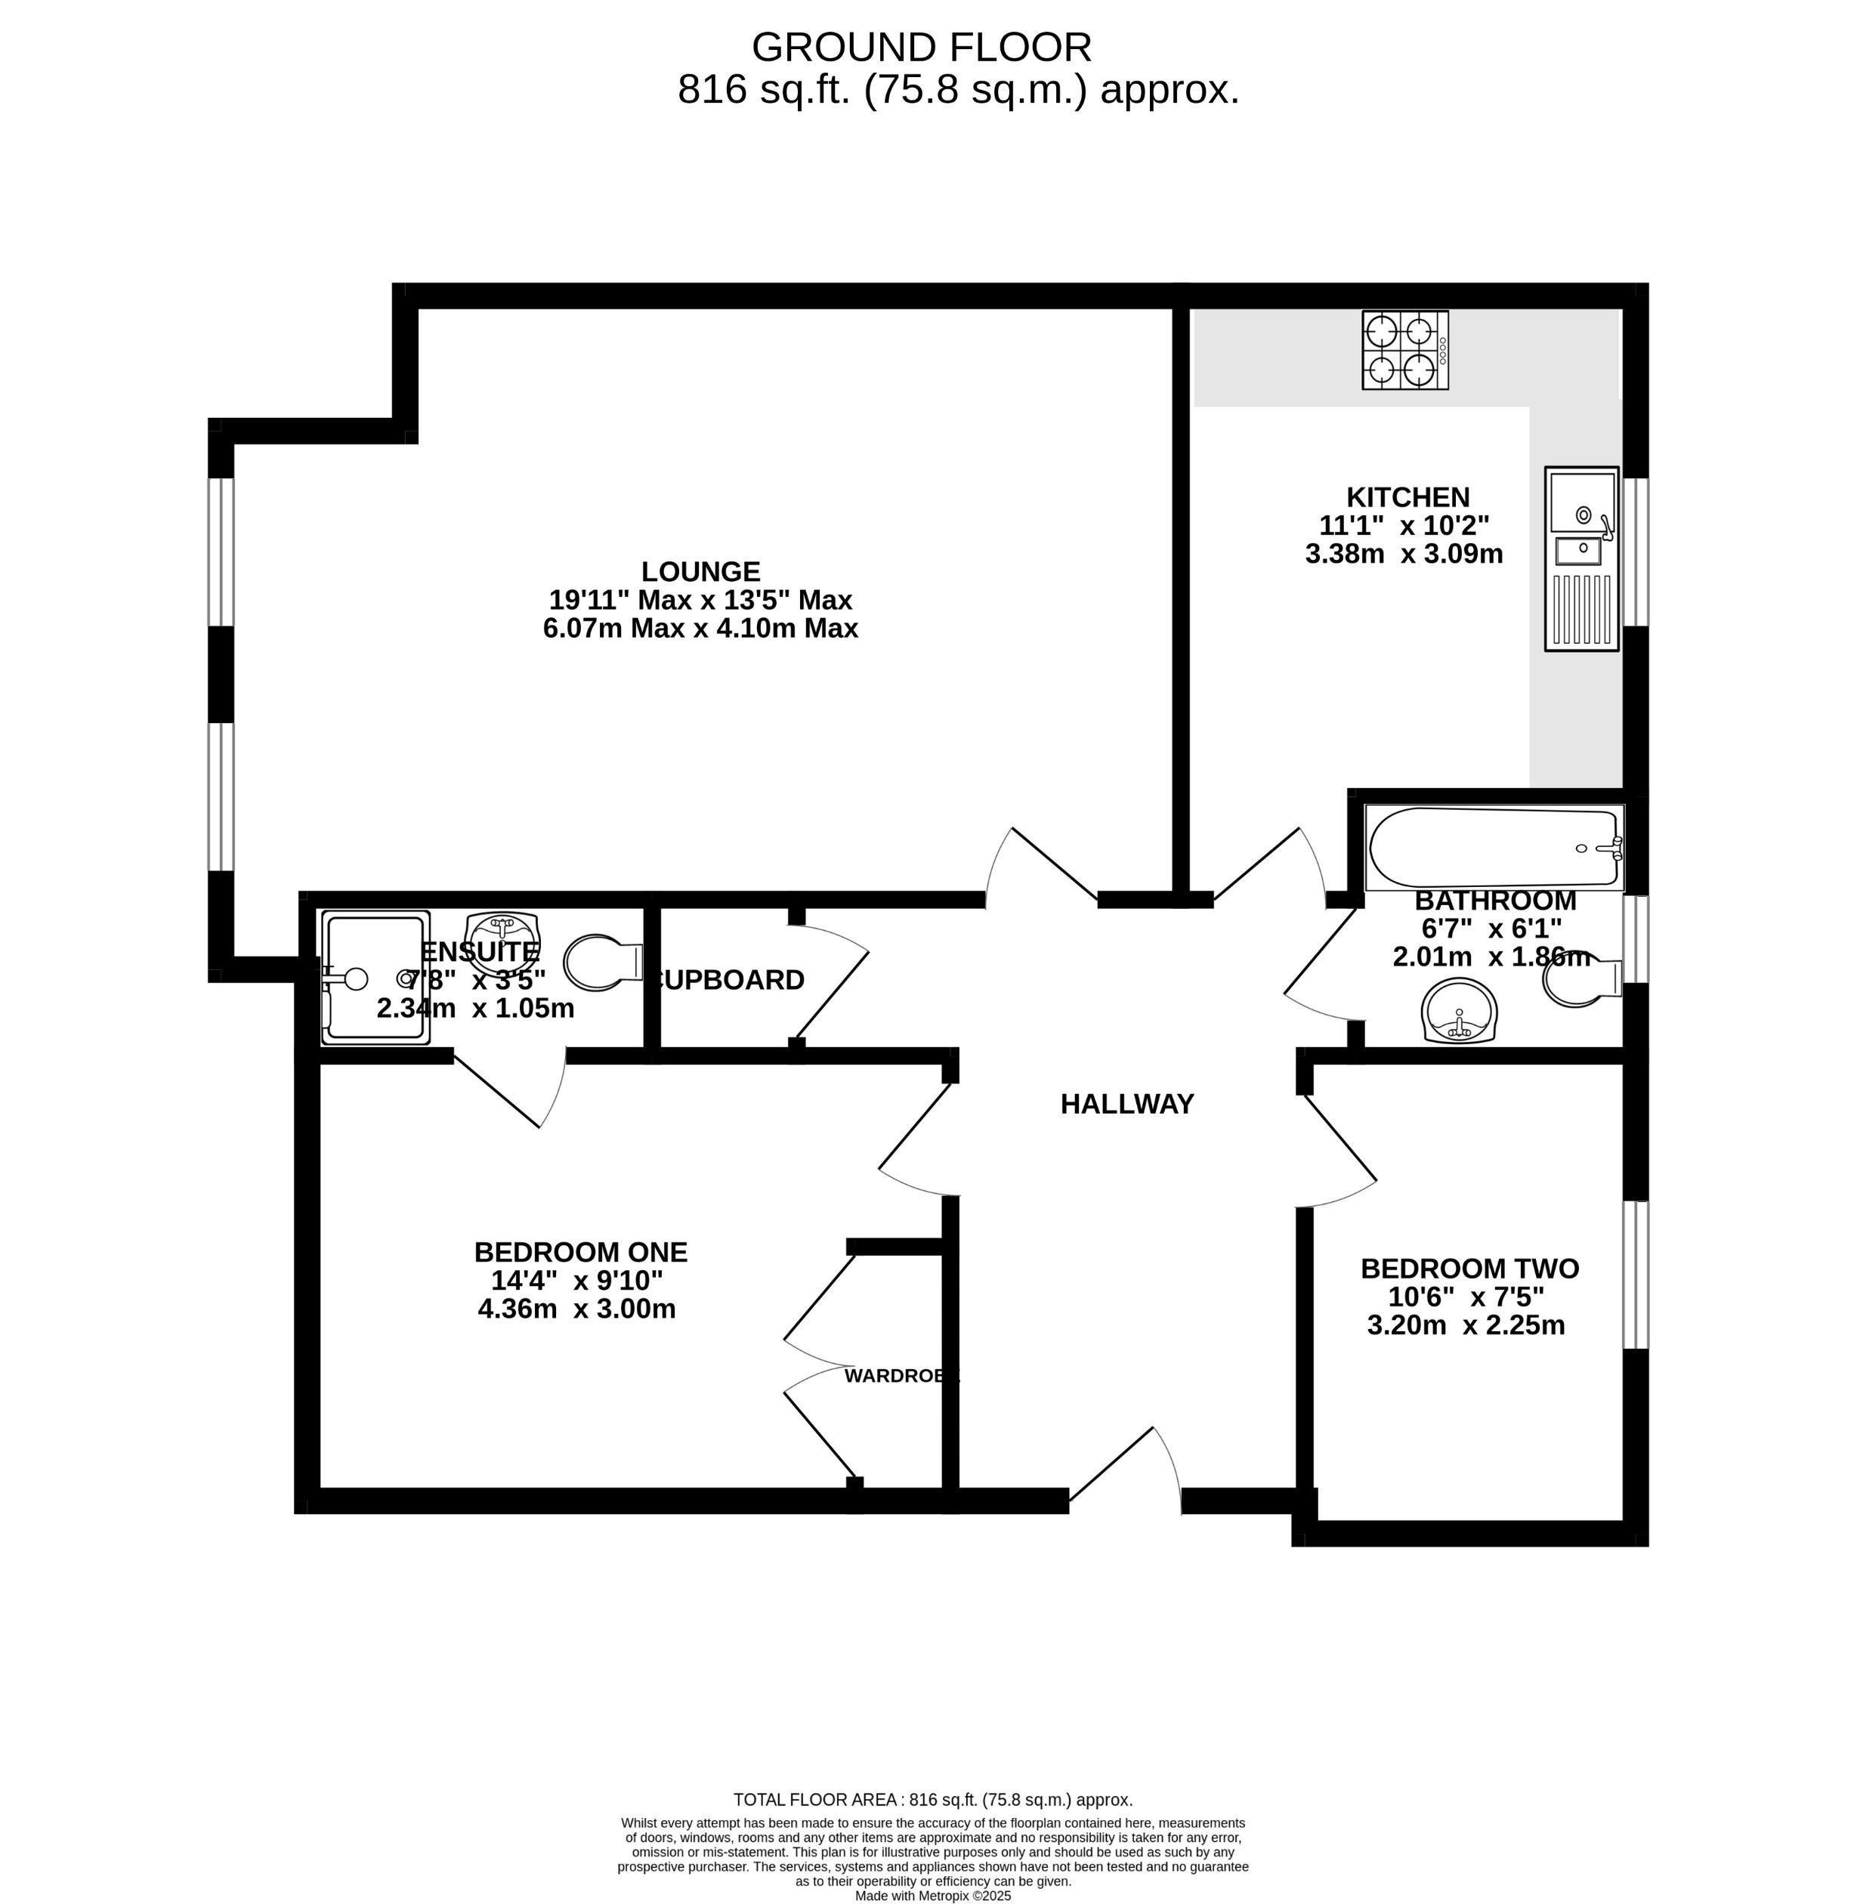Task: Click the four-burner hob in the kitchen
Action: pos(1404,350)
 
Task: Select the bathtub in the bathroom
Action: pos(1493,848)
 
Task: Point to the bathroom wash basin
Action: pos(1458,1010)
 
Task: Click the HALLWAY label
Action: pos(1126,1104)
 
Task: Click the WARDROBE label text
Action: pos(901,1377)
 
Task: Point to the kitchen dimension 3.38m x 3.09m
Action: pos(1404,554)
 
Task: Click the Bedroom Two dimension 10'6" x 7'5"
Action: pos(1466,1297)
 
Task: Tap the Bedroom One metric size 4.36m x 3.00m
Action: pos(576,1309)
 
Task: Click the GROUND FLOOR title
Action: pos(921,47)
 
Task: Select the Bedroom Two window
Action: pos(1636,1275)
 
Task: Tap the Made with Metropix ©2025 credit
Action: pos(932,1896)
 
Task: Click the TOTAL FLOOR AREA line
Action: pos(932,1800)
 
